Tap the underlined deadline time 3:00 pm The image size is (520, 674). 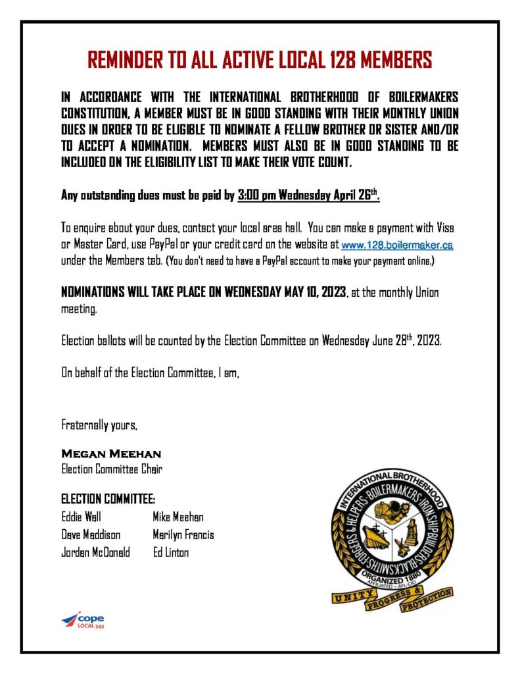pyautogui.click(x=256, y=195)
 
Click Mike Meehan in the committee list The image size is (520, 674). pyautogui.click(x=178, y=517)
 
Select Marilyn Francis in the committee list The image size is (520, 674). pyautogui.click(x=183, y=534)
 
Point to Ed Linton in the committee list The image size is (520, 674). pyautogui.click(x=171, y=552)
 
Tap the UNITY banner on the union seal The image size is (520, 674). pyautogui.click(x=354, y=597)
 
